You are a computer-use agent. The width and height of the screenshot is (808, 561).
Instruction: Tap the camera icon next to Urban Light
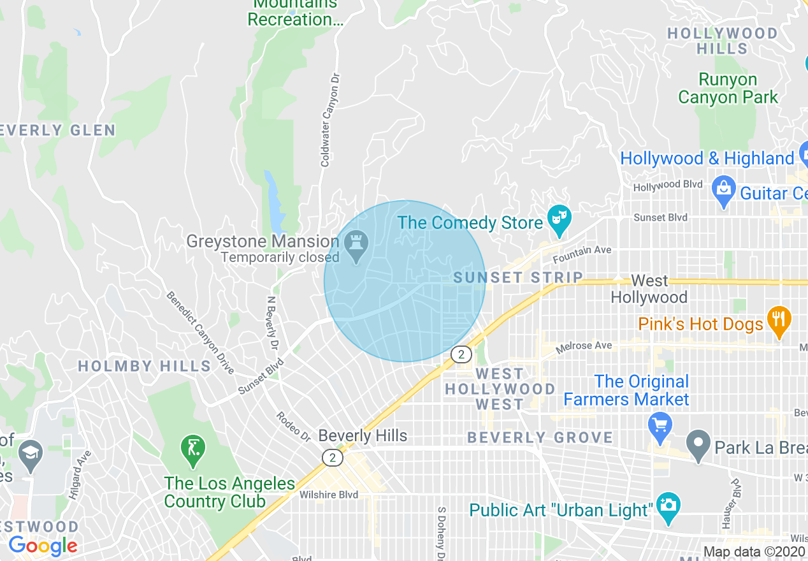pyautogui.click(x=668, y=507)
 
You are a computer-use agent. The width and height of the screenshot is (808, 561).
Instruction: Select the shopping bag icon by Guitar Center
pyautogui.click(x=723, y=189)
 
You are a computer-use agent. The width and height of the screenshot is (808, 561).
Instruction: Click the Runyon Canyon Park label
pyautogui.click(x=728, y=89)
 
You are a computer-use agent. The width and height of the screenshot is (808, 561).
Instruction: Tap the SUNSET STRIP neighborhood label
pyautogui.click(x=518, y=277)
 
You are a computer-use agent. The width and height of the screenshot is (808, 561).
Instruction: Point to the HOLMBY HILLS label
pyautogui.click(x=144, y=366)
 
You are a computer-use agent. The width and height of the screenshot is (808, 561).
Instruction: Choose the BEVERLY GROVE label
pyautogui.click(x=540, y=437)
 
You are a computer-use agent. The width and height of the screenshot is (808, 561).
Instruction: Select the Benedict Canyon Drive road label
pyautogui.click(x=200, y=332)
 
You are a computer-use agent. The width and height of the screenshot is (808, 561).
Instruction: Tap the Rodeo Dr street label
pyautogui.click(x=292, y=426)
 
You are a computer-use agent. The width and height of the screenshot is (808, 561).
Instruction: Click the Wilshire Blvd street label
pyautogui.click(x=329, y=495)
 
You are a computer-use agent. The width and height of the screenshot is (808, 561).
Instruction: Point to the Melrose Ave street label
pyautogui.click(x=584, y=347)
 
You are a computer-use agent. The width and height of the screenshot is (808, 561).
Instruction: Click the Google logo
pyautogui.click(x=42, y=546)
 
